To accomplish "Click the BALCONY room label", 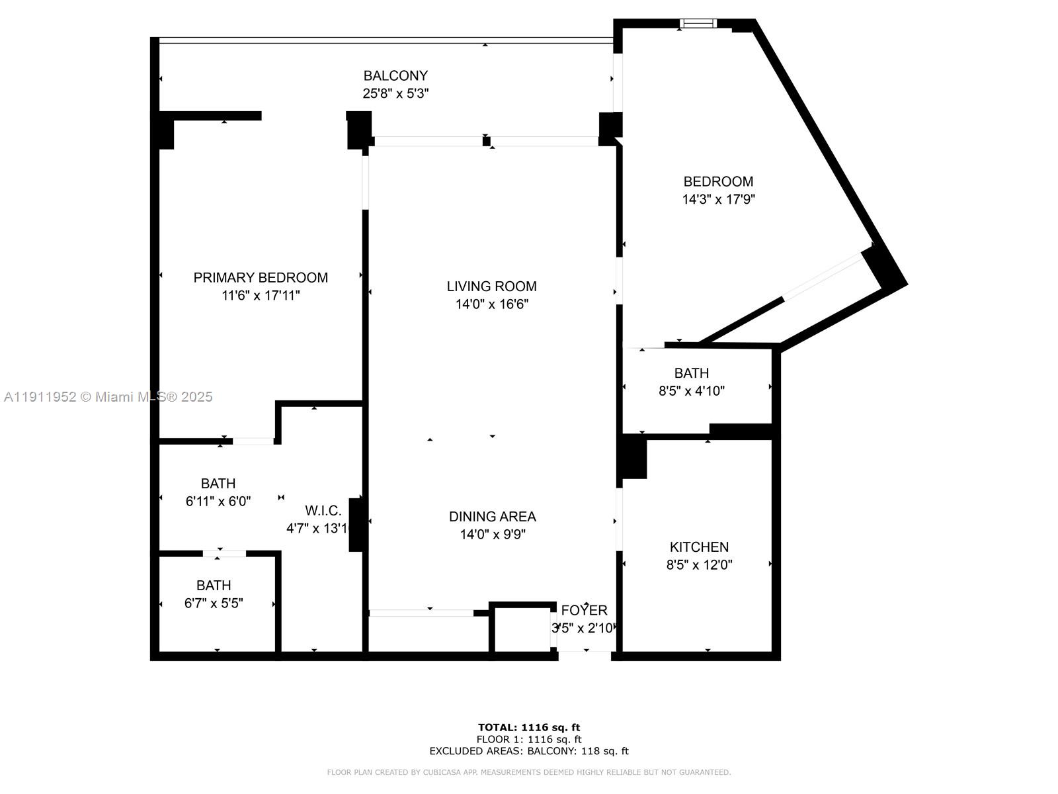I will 395,75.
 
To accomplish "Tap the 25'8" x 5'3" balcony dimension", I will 395,93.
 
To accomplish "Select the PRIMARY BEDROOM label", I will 261,277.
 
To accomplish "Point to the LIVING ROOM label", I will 491,286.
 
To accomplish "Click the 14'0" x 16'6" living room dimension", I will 491,304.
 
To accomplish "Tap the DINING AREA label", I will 492,516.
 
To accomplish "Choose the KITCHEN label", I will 699,547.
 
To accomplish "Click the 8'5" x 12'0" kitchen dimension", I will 699,565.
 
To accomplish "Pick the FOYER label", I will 584,610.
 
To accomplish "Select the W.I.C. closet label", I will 323,510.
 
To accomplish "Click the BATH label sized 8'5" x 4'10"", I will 691,373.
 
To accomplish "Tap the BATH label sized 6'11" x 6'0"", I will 218,483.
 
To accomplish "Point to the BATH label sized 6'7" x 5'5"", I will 214,585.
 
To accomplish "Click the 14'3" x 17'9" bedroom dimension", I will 718,199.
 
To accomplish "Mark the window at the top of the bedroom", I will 698,24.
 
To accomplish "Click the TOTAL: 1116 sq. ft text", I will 529,727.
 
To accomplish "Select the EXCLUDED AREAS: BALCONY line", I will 529,751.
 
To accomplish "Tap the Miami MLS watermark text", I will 108,396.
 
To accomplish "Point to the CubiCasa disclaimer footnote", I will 529,772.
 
